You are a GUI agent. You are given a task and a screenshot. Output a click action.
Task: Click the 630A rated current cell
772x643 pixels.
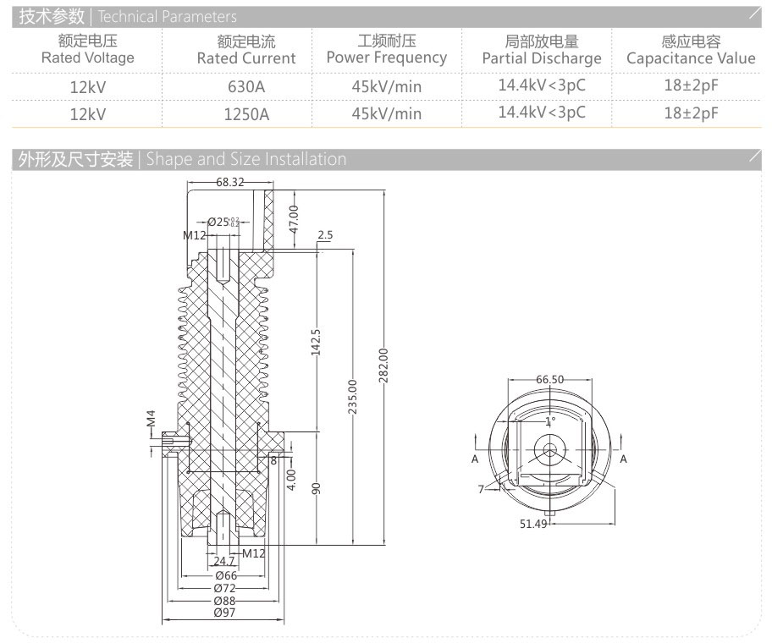point(246,86)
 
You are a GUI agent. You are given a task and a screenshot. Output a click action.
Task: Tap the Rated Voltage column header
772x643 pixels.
point(87,50)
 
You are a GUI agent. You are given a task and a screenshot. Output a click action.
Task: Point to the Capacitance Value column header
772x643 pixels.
point(691,50)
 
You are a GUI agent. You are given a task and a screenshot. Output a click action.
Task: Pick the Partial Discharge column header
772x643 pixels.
point(542,50)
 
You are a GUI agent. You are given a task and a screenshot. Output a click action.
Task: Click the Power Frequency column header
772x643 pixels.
point(387,50)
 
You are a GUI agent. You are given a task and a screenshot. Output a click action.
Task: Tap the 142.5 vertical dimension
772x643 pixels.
point(317,343)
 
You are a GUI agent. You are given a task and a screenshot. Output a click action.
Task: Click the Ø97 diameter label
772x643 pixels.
point(224,613)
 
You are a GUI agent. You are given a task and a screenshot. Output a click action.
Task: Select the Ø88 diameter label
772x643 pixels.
point(224,600)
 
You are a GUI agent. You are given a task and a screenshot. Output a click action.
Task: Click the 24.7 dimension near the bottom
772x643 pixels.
point(223,561)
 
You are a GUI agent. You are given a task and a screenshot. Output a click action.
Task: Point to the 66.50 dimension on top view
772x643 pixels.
point(549,380)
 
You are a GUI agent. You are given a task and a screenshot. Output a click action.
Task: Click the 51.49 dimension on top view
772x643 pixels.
point(533,524)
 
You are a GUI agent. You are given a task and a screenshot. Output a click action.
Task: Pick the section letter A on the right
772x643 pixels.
point(624,459)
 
